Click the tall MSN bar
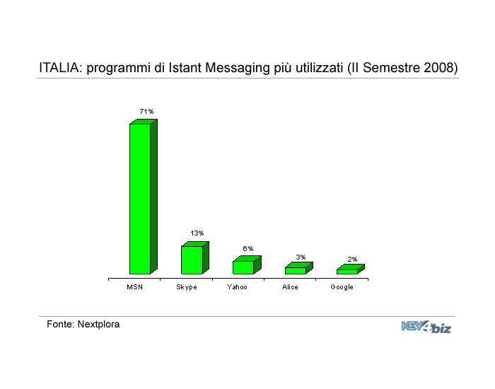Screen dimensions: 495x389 point(144,197)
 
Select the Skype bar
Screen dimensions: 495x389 point(195,258)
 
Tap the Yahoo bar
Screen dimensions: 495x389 point(247,265)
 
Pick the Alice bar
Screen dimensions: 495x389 point(298,268)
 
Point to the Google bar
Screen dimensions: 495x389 point(351,269)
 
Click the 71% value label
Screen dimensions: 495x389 point(146,112)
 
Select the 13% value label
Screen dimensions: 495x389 point(197,233)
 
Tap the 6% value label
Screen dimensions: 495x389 point(248,248)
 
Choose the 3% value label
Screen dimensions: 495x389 point(301,257)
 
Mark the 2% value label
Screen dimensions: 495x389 point(352,260)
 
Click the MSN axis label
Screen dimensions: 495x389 point(135,287)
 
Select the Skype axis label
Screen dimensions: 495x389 point(187,287)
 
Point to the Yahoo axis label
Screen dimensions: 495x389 point(237,287)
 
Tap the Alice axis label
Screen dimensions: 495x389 point(290,287)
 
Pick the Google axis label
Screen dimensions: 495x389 point(342,287)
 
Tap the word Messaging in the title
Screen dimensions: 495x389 point(238,68)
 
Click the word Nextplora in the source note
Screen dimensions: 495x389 point(98,324)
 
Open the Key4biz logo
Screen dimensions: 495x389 point(426,327)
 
